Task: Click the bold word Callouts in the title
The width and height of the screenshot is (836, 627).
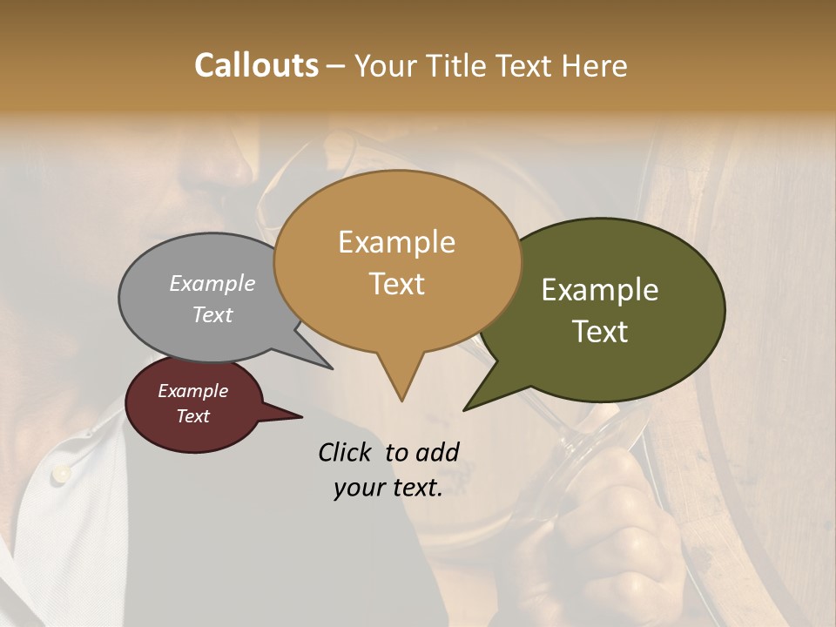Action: (256, 65)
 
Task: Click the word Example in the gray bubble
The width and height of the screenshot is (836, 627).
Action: (212, 283)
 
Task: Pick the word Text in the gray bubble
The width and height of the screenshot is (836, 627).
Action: (212, 314)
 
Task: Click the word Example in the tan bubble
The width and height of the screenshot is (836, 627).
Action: (396, 242)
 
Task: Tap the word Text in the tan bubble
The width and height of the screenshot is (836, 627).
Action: (397, 284)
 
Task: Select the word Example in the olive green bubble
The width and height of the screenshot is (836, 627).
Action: (600, 290)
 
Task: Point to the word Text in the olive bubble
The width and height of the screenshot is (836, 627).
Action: (600, 332)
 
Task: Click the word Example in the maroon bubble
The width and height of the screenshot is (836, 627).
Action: (192, 391)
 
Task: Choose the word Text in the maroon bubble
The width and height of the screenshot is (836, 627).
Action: (193, 416)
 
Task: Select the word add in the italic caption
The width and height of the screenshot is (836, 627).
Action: (437, 452)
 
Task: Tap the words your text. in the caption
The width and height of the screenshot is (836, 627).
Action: (388, 488)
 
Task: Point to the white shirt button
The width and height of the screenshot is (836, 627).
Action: (61, 474)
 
